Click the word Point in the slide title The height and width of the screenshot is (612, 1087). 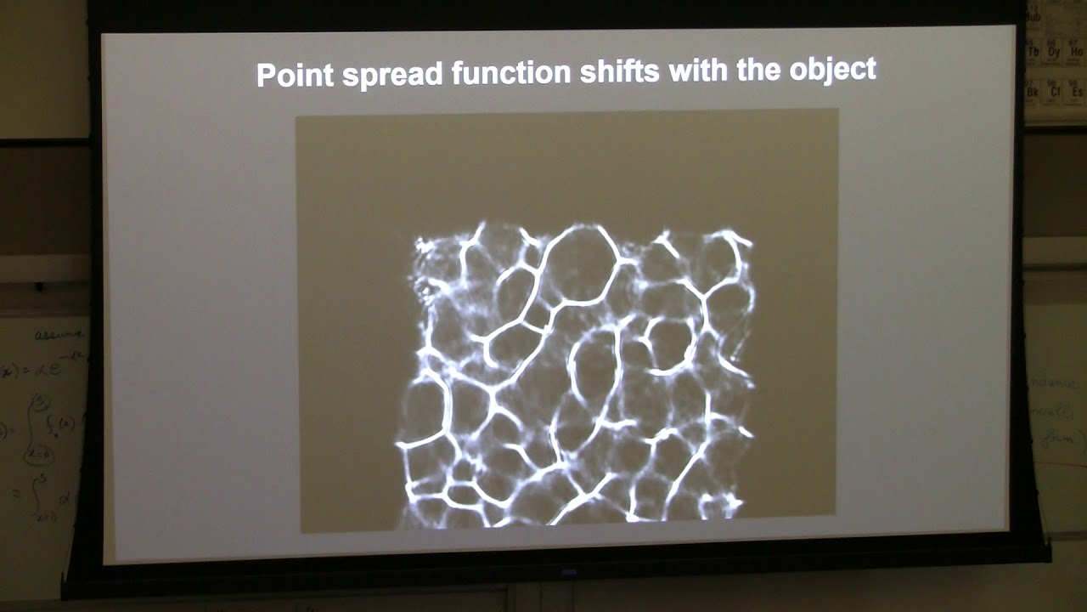[294, 75]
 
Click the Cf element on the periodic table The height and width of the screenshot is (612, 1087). [1056, 89]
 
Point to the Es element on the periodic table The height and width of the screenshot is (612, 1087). [1077, 89]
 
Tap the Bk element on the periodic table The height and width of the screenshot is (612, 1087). [1033, 89]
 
